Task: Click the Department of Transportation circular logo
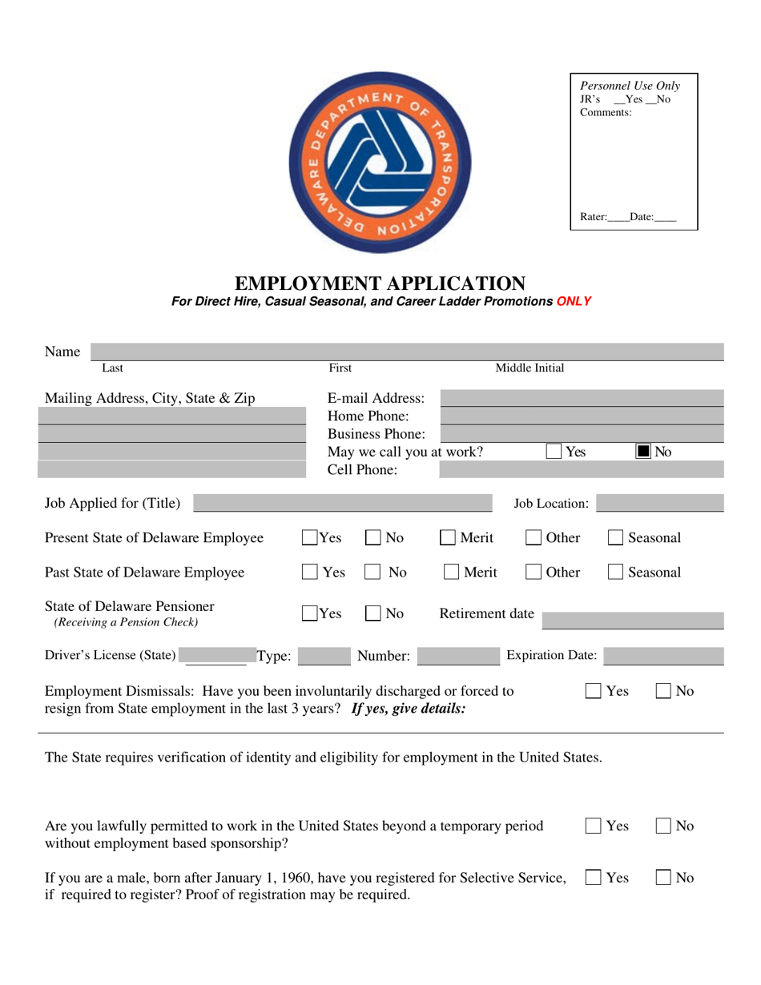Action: tap(380, 162)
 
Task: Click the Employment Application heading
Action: tap(380, 283)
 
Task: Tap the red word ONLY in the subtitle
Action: tap(574, 302)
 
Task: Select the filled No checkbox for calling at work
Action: tap(643, 452)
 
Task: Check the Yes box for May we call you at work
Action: tap(554, 452)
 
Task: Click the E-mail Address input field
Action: tap(582, 397)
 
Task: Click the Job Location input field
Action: tap(659, 503)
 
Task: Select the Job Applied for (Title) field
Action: tap(343, 503)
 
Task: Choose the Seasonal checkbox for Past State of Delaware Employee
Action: tap(615, 573)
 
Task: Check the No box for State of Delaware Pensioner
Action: tap(373, 614)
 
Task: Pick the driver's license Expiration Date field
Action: tap(663, 656)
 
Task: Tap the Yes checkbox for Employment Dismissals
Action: tap(594, 690)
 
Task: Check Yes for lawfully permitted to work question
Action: tap(594, 826)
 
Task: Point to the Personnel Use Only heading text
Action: tap(630, 86)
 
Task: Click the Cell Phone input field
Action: tap(582, 470)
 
